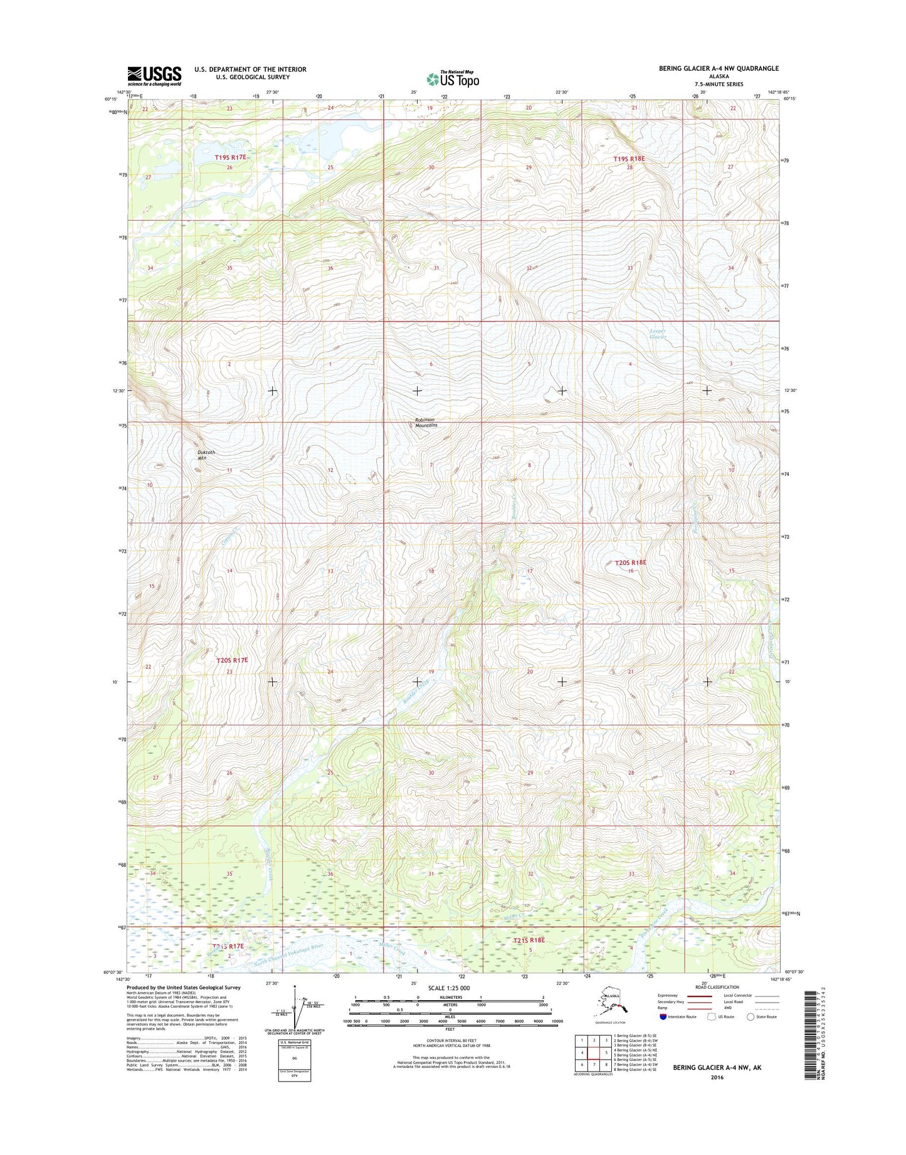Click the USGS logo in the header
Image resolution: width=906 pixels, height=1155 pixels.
[154, 76]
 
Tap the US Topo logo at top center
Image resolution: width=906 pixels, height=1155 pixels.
[453, 79]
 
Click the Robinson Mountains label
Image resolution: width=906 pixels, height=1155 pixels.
[426, 422]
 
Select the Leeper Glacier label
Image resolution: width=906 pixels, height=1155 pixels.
[658, 334]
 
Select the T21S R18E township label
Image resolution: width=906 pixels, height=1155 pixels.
[529, 941]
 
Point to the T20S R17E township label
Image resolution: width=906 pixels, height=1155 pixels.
[232, 660]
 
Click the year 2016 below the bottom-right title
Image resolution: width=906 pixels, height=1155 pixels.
[717, 1077]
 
